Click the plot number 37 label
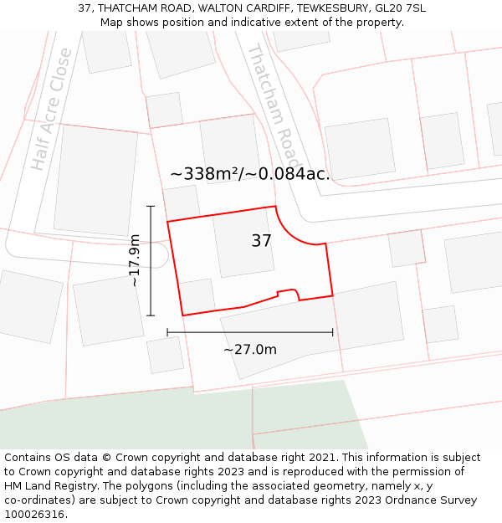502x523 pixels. click(x=261, y=241)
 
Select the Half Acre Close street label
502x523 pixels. click(x=52, y=109)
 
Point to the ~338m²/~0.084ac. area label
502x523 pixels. click(x=250, y=174)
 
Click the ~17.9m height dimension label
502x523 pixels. click(x=135, y=260)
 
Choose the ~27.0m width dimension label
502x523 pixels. click(x=249, y=349)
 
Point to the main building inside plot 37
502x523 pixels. click(x=243, y=243)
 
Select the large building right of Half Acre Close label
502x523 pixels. click(x=95, y=180)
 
